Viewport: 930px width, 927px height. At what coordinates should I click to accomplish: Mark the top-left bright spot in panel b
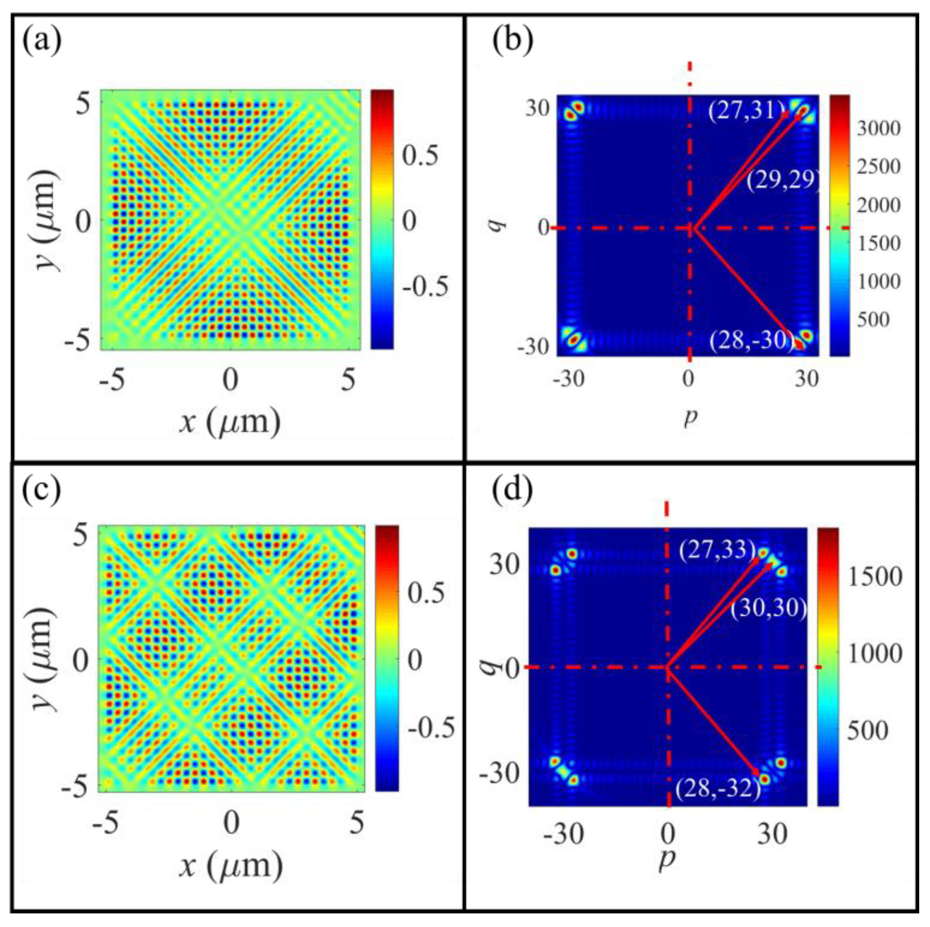point(571,114)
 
